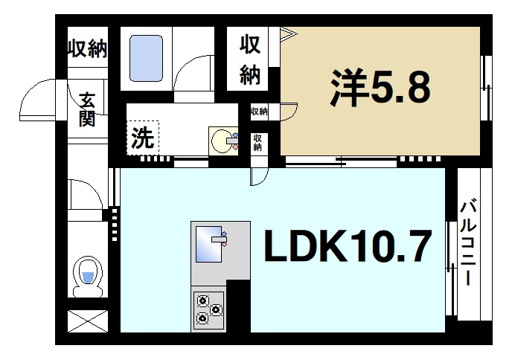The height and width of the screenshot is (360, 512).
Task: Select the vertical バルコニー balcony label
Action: click(x=468, y=243)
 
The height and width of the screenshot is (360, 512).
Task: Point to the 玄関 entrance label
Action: click(x=87, y=109)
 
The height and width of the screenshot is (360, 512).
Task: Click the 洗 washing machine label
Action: click(x=141, y=138)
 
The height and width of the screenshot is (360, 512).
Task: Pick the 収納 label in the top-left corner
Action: click(x=88, y=50)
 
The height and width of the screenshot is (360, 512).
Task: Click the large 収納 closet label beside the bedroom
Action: click(x=249, y=60)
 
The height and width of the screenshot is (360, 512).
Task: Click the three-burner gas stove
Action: click(x=208, y=309)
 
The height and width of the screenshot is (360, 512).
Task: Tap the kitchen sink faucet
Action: click(x=224, y=239)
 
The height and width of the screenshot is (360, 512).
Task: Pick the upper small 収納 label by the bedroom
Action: click(x=259, y=112)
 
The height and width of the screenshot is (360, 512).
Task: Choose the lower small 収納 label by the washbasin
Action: click(x=258, y=142)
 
